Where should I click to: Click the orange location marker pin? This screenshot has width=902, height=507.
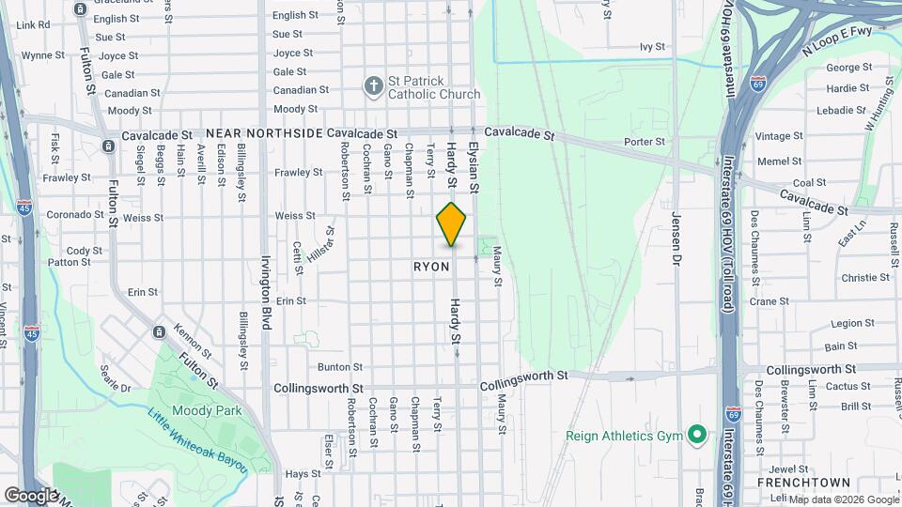451,224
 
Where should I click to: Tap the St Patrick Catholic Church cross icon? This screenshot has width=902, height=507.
374,86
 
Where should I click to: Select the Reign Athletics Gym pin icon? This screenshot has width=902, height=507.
696,436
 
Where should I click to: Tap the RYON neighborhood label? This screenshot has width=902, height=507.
432,267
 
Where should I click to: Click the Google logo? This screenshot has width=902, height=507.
31,495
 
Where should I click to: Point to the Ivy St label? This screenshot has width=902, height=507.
652,46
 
